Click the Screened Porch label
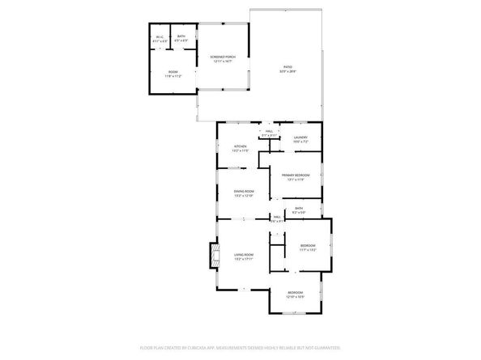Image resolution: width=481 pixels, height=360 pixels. click(x=222, y=57)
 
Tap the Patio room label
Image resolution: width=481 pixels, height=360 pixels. click(x=288, y=67)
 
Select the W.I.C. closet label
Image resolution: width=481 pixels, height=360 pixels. click(x=160, y=36)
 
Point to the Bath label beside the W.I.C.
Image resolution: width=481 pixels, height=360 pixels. click(x=181, y=36)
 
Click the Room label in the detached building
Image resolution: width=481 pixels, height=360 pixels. click(x=173, y=73)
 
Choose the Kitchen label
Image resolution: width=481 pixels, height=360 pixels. click(x=240, y=146)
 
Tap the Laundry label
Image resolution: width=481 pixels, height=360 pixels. click(x=300, y=138)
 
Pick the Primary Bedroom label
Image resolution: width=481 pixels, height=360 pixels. click(x=296, y=175)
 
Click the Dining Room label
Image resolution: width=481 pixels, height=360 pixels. click(x=244, y=192)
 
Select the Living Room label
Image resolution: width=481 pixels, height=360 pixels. click(x=244, y=256)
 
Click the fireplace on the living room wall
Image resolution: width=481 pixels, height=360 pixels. click(x=213, y=256)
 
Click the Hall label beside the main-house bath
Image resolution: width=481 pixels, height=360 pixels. click(x=276, y=217)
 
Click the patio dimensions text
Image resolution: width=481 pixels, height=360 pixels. click(x=288, y=72)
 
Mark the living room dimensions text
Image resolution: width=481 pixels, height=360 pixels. click(x=244, y=260)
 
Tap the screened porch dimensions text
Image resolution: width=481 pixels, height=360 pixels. click(x=222, y=61)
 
